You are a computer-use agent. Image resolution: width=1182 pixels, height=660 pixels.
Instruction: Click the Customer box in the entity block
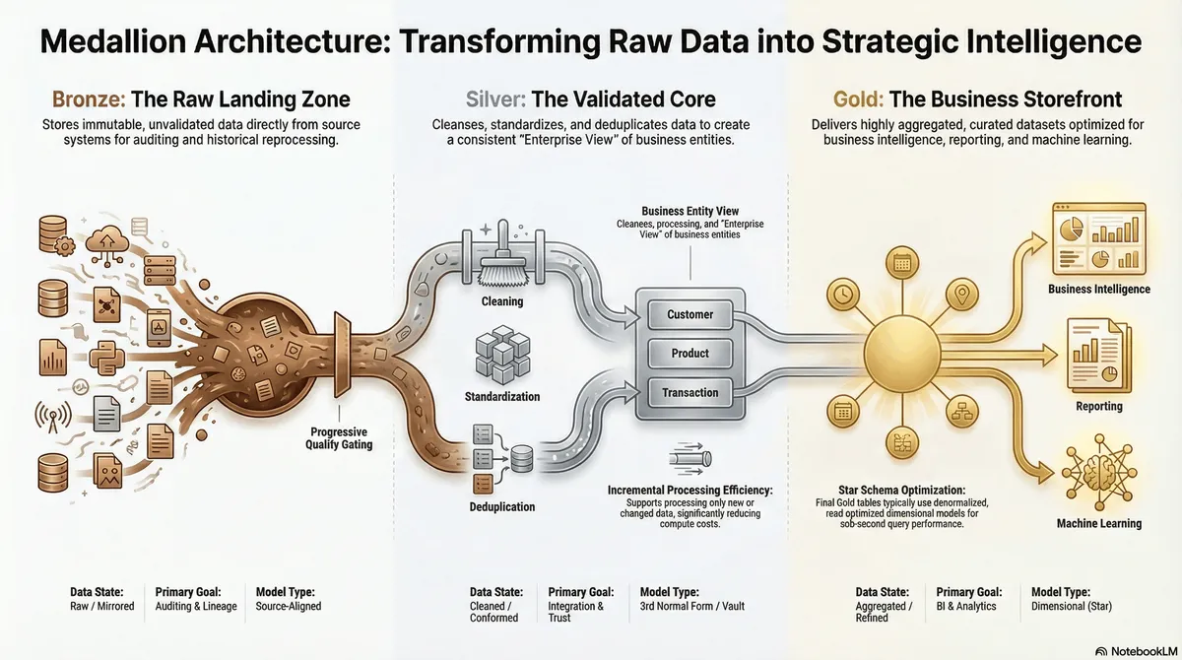[689, 314]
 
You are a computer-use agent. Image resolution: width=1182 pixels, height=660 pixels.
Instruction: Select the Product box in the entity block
[689, 353]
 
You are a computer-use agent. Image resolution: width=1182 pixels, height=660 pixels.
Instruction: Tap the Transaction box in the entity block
[689, 392]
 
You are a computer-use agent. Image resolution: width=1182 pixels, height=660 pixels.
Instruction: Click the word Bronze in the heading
[89, 99]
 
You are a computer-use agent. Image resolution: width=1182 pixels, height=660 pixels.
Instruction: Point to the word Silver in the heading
[494, 99]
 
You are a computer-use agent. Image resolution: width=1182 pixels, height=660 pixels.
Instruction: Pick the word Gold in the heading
[858, 99]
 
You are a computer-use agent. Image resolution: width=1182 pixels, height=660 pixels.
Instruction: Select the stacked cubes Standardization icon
[502, 354]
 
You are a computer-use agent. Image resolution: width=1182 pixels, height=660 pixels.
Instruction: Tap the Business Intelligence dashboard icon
[1099, 239]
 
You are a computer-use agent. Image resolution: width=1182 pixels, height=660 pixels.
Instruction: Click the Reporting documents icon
[1099, 356]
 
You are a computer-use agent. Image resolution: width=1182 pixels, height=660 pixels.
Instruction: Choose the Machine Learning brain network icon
[1099, 472]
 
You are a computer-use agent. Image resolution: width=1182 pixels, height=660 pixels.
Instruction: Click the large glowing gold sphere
[902, 354]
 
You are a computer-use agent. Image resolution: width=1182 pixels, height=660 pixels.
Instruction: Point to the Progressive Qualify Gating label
[339, 438]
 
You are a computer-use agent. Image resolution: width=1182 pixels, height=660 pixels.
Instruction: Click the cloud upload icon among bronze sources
[107, 243]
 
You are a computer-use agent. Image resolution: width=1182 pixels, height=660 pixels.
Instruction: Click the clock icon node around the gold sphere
[843, 295]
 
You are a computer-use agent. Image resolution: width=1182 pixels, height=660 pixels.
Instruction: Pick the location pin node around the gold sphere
[962, 294]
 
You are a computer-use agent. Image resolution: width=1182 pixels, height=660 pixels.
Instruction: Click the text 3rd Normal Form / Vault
[691, 606]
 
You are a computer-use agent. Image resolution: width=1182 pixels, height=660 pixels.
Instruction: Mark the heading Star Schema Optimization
[902, 491]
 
